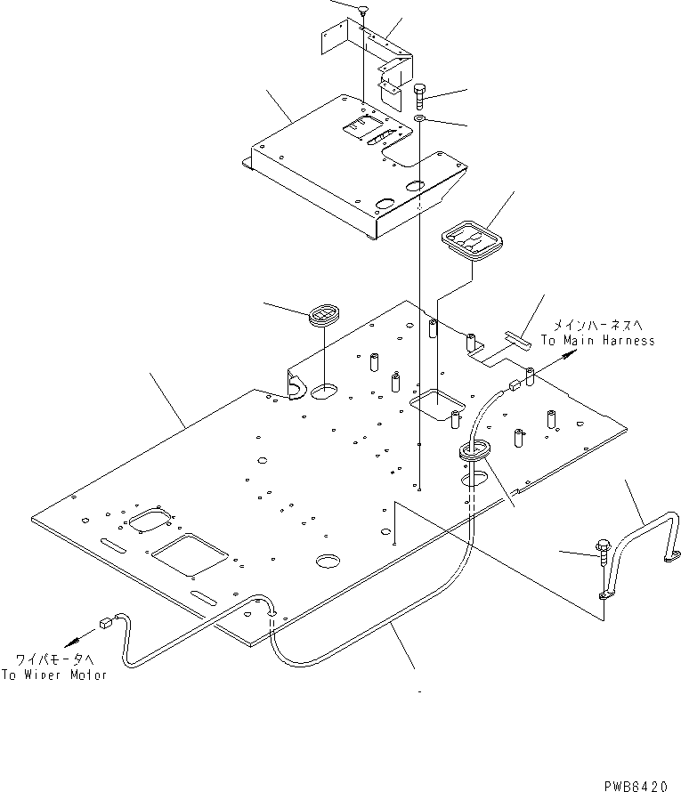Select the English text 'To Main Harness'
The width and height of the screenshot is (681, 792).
point(597,340)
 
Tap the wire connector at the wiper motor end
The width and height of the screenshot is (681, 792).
point(108,623)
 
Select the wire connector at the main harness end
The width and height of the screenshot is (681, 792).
point(513,385)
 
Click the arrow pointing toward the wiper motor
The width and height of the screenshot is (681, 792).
point(78,637)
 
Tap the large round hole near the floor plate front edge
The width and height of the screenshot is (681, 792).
point(327,561)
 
